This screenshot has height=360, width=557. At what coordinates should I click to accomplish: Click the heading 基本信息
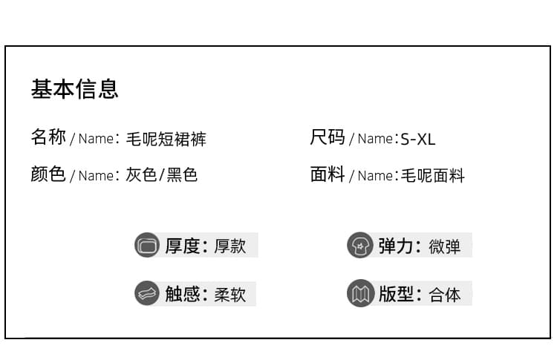click(74, 89)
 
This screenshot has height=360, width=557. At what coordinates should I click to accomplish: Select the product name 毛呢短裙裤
click(166, 139)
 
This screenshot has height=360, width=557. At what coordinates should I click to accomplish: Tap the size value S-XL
click(417, 139)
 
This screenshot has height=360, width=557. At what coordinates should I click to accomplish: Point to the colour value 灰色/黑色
click(162, 174)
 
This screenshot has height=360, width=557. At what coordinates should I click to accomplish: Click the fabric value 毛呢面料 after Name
click(433, 175)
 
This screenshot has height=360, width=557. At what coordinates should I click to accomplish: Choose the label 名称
click(48, 137)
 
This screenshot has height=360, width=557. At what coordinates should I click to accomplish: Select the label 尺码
click(328, 137)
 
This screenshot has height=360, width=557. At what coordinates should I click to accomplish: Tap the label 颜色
click(48, 174)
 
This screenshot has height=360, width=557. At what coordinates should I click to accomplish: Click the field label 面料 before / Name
click(328, 174)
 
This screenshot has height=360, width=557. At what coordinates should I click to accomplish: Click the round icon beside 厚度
click(147, 245)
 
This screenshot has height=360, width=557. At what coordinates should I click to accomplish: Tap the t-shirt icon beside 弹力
click(360, 245)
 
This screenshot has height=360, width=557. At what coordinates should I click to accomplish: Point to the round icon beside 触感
click(147, 293)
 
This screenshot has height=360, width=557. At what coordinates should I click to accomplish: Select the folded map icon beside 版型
click(360, 293)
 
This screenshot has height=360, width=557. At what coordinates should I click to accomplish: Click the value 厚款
click(229, 246)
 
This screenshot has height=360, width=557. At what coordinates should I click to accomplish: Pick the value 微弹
click(444, 246)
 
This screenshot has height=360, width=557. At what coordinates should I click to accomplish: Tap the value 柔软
click(229, 295)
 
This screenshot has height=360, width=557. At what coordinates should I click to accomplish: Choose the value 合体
click(444, 295)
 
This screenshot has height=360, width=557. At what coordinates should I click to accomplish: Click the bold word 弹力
click(395, 246)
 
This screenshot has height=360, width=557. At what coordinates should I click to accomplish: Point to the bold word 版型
click(395, 294)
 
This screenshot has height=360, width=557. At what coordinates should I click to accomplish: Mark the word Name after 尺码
click(375, 139)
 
